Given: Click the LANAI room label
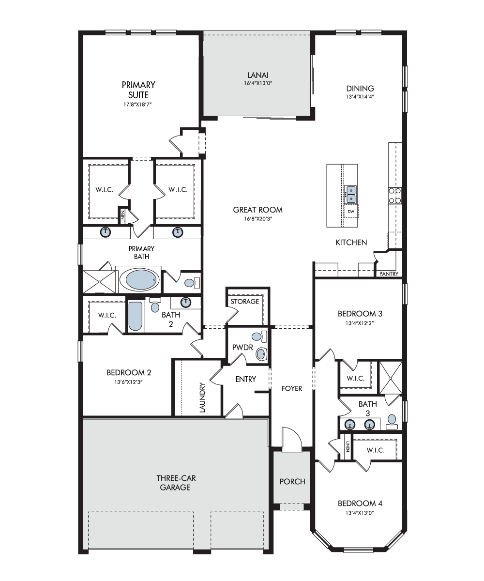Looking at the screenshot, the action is [x=257, y=75].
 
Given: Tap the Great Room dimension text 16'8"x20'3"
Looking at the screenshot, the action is [x=258, y=219].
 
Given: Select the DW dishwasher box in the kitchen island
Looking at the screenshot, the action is [x=351, y=212].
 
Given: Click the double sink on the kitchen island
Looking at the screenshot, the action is [x=351, y=195].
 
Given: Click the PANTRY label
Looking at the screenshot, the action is [x=389, y=274].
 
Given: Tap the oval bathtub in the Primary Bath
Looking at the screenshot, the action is [x=139, y=279].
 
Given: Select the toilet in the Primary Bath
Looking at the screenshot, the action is [x=193, y=283].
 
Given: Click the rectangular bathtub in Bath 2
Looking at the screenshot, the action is [x=136, y=316].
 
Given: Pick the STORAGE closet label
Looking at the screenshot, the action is [x=245, y=301].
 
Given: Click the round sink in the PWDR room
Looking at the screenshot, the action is [x=261, y=354].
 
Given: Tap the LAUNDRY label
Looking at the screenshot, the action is [x=202, y=398].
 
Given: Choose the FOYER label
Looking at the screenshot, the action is [x=292, y=388].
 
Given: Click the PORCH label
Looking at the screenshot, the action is [x=292, y=481].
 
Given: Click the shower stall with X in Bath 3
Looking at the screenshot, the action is [x=391, y=378].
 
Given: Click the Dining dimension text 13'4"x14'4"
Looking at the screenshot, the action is [x=360, y=97].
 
